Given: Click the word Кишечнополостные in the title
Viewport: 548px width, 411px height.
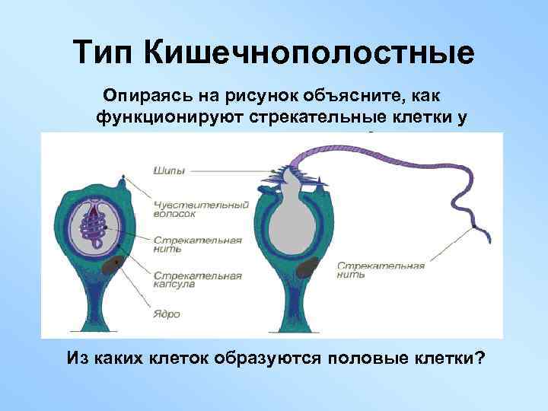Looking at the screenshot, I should point(309,53).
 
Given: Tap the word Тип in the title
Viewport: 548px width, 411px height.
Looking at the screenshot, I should point(106,53).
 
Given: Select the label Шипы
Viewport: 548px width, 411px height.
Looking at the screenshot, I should point(168,170).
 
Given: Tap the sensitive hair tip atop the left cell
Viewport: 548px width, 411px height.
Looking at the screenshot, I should point(123,180).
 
